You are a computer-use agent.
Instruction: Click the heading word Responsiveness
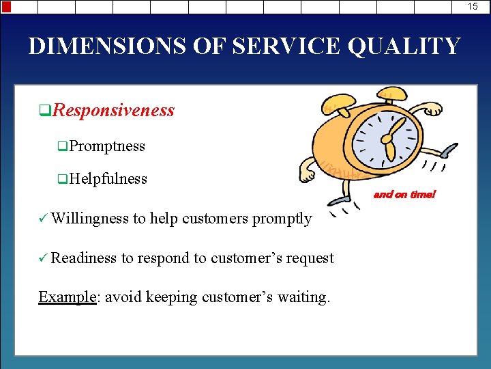pyautogui.click(x=113, y=110)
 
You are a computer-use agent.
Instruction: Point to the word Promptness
pyautogui.click(x=107, y=146)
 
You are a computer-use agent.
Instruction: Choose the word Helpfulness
pyautogui.click(x=108, y=179)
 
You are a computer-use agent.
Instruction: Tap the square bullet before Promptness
pyautogui.click(x=62, y=147)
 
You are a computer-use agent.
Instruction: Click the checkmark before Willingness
pyautogui.click(x=43, y=219)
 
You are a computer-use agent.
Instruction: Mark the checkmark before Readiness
pyautogui.click(x=43, y=258)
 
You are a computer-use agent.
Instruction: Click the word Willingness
pyautogui.click(x=89, y=219)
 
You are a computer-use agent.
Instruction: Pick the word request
pyautogui.click(x=310, y=258)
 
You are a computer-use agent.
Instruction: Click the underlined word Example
pyautogui.click(x=68, y=297)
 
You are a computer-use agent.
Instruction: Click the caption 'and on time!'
pyautogui.click(x=404, y=195)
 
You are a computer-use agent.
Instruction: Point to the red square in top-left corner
pyautogui.click(x=6, y=7)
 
